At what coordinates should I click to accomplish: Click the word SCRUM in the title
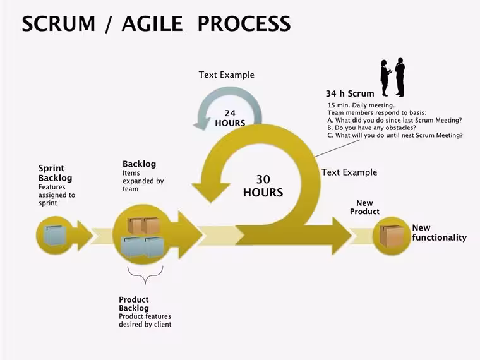59,23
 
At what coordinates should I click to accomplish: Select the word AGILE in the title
152,23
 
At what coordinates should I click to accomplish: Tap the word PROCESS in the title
244,23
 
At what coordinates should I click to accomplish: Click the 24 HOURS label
230,118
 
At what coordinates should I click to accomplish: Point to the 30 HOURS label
263,186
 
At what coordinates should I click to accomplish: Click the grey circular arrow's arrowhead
202,123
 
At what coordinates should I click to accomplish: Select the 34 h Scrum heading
350,93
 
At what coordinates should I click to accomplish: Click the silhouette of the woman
385,78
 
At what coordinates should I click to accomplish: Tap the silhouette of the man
400,77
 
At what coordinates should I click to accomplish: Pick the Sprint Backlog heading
56,173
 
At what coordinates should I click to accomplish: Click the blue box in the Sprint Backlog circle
55,235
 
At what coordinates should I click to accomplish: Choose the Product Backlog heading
134,304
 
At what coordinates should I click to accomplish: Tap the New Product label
364,207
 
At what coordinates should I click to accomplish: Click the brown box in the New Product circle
392,236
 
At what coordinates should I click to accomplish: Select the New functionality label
440,232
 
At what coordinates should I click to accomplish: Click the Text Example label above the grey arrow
227,75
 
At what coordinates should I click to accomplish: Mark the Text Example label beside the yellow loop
349,172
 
